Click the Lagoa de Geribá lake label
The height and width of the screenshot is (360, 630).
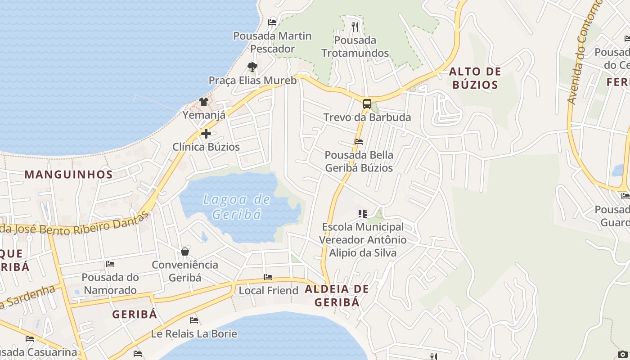[x=236, y=207]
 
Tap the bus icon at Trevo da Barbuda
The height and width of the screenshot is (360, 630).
[x=367, y=104]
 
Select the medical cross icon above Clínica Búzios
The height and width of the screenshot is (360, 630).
[x=206, y=134]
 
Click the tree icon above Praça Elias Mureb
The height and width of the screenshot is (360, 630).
[x=252, y=67]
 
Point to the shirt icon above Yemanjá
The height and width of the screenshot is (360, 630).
[x=204, y=102]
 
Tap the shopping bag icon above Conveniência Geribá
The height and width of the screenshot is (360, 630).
[x=185, y=251]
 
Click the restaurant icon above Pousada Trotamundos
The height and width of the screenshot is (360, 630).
[x=355, y=27]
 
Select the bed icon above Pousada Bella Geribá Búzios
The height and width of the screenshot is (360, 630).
[x=359, y=141]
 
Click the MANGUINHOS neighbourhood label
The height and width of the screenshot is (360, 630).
[x=68, y=175]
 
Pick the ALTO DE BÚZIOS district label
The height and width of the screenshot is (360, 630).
[x=475, y=78]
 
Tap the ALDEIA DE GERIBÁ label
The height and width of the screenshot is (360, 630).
[x=337, y=296]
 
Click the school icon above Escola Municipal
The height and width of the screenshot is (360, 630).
[x=362, y=213]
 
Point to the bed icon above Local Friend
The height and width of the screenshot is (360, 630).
[x=268, y=277]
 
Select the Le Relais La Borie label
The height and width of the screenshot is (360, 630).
[x=194, y=334]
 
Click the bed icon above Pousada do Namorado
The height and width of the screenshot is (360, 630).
[x=110, y=264]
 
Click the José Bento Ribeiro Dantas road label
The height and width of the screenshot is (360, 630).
[x=74, y=226]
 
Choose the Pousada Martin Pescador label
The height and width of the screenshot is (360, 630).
[x=272, y=42]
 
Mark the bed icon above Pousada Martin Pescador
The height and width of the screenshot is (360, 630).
[x=272, y=22]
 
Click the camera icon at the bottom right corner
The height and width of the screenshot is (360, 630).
[x=622, y=354]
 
